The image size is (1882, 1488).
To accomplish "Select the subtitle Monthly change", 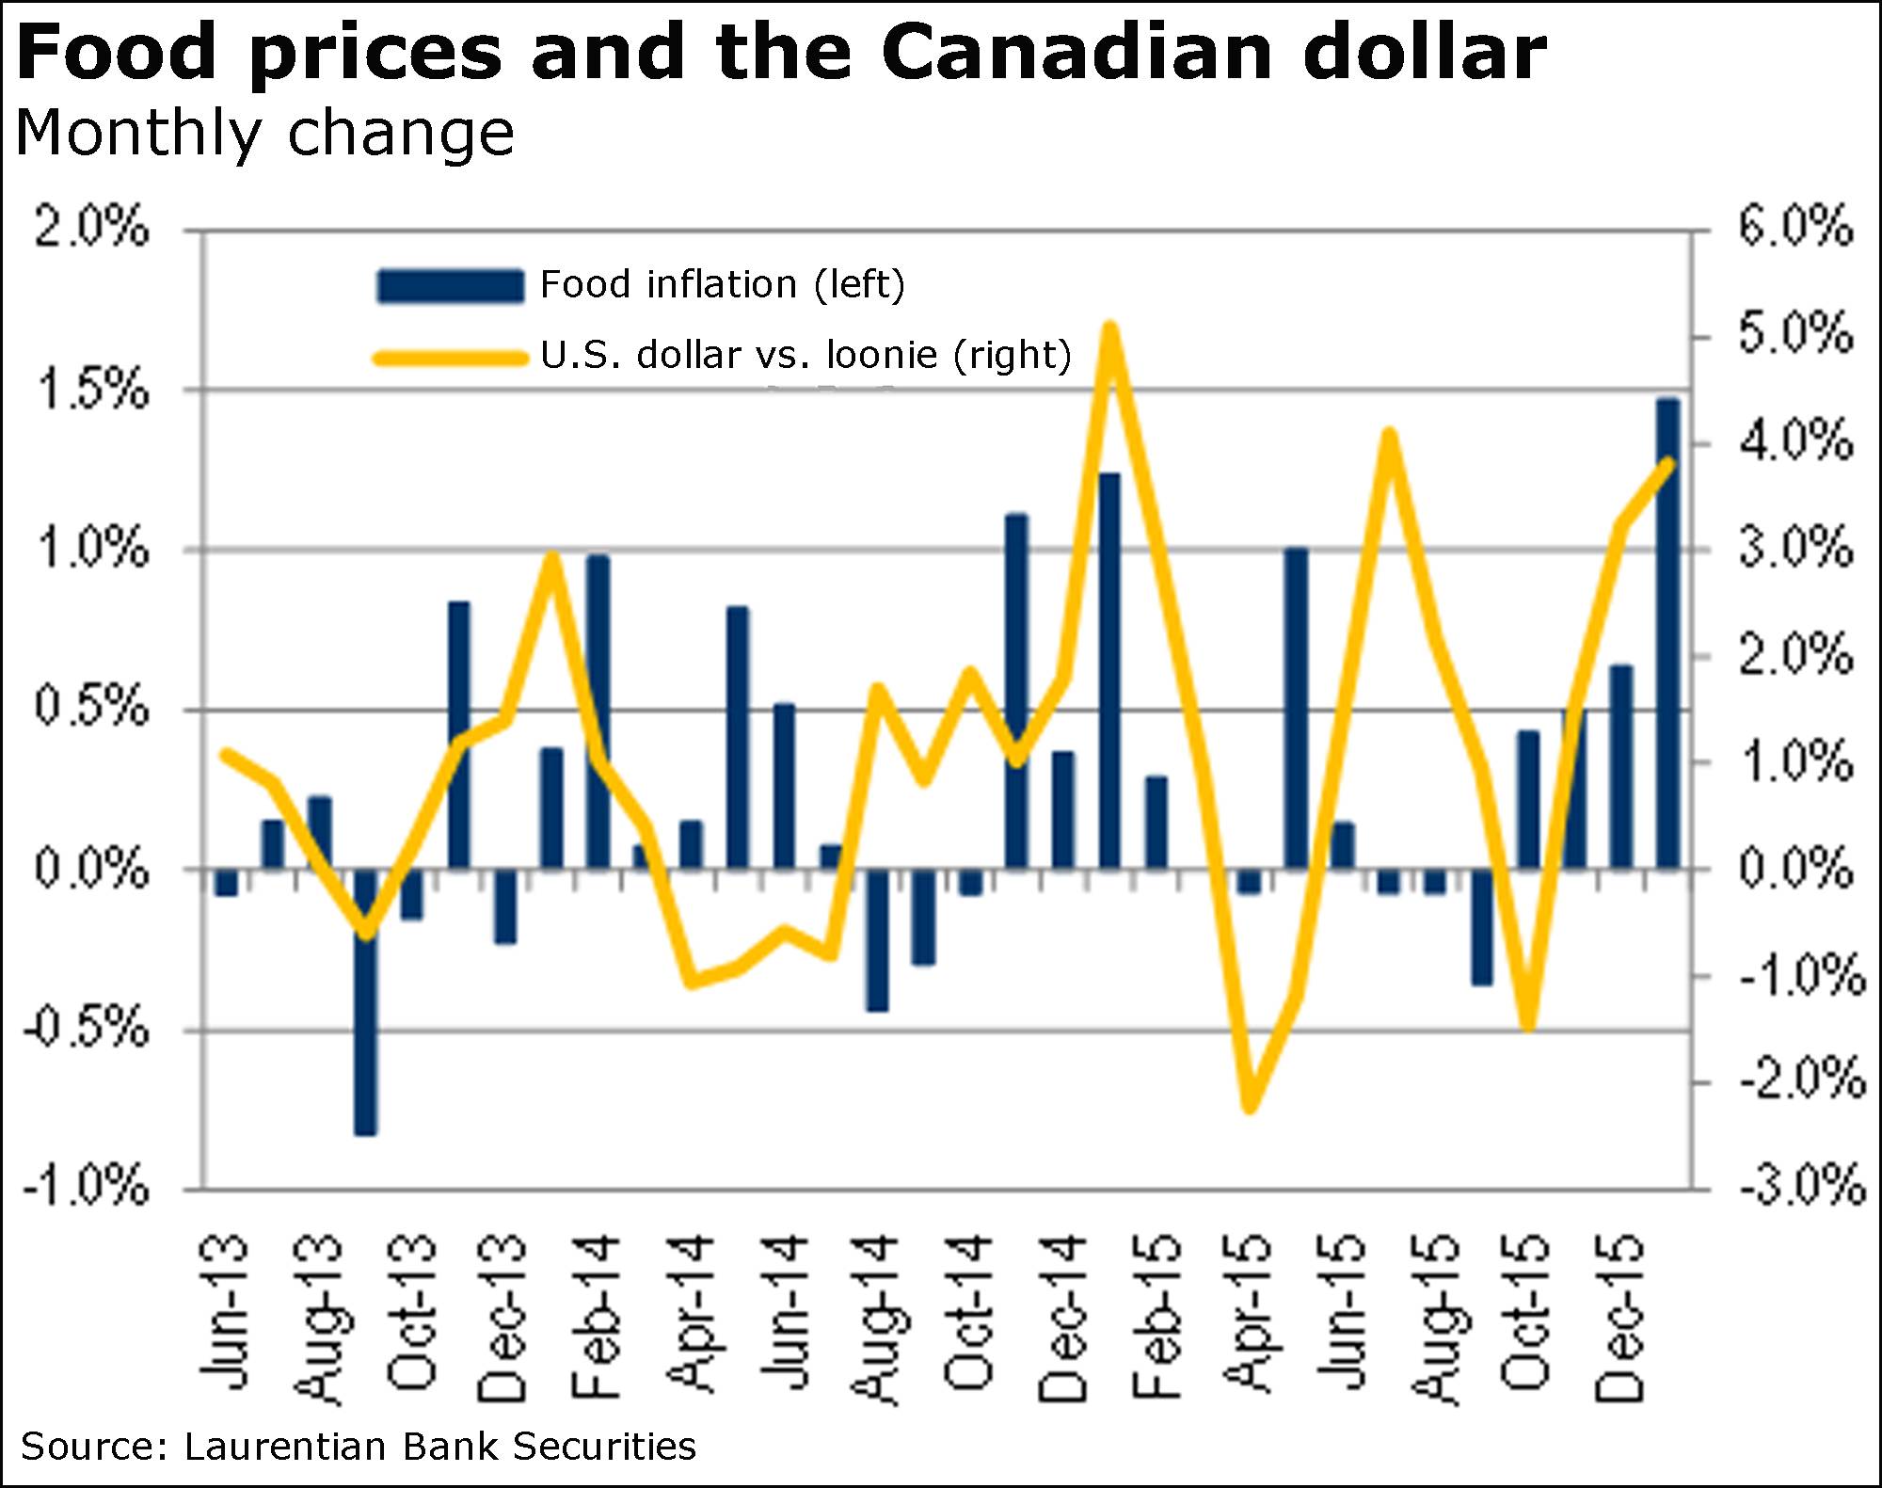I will (x=265, y=133).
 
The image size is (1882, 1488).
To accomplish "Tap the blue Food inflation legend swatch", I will (x=450, y=285).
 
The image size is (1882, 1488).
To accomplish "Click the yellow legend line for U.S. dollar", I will (x=450, y=358).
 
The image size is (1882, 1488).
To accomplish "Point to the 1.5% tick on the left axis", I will (x=91, y=390).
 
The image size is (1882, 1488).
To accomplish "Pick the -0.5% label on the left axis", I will (x=87, y=1028).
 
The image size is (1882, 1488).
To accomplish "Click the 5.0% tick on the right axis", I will (x=1795, y=335).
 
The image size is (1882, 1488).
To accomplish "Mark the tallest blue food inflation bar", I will (x=1667, y=632).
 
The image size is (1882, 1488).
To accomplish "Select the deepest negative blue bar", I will (x=365, y=1001).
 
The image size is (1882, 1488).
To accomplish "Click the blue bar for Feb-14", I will (x=598, y=712).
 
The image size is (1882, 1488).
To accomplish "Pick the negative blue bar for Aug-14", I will (x=877, y=939).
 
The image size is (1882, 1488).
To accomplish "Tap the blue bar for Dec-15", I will (x=1620, y=766).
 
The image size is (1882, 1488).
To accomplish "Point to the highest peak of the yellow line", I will (x=1110, y=329).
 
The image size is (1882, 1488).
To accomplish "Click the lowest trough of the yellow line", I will (x=1250, y=1105).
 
